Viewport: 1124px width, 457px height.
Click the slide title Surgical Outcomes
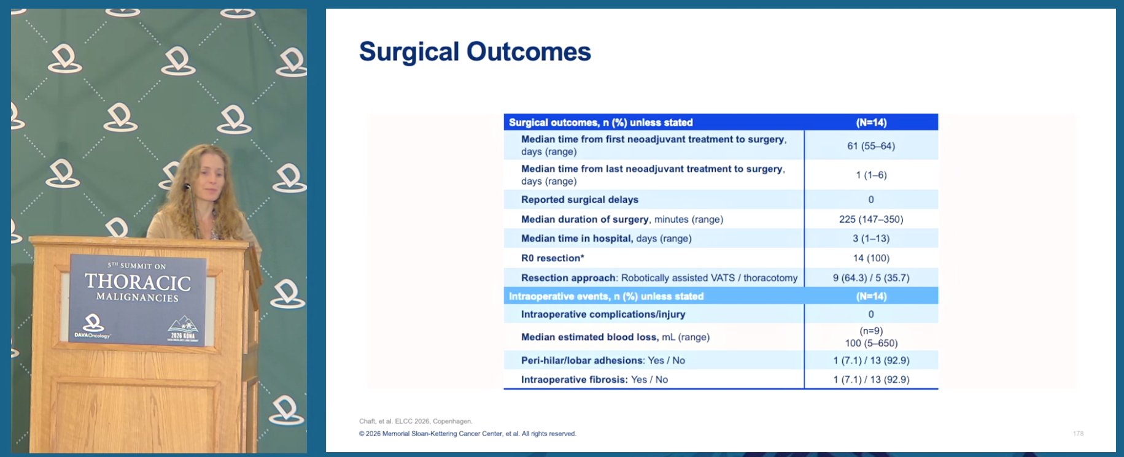(475, 52)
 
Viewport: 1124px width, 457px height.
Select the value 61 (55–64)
(871, 146)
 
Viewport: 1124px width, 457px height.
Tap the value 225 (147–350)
(871, 219)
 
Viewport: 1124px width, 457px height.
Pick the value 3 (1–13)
(871, 239)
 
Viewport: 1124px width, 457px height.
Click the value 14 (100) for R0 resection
(871, 258)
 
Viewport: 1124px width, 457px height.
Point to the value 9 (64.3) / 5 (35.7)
(871, 278)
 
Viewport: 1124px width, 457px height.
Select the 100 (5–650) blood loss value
(871, 344)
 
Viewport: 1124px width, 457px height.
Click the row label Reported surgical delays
(579, 199)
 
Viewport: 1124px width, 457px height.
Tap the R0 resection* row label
(552, 258)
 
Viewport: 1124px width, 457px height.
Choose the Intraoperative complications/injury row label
(603, 315)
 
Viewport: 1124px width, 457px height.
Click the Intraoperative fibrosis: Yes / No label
(594, 380)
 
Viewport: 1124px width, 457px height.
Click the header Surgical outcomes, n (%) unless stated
(600, 123)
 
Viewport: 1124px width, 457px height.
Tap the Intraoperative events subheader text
(606, 296)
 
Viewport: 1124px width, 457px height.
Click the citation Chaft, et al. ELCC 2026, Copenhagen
(416, 421)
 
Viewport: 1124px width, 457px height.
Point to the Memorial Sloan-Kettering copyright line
(467, 434)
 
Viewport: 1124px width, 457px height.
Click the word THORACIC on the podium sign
(138, 282)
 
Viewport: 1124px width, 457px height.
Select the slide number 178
(1078, 434)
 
